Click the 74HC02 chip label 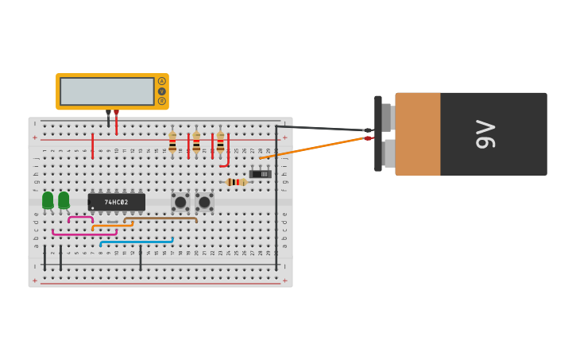tap(116, 202)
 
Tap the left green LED tap(48, 200)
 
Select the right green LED tap(64, 200)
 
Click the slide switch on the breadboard tap(260, 173)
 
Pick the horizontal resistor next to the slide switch tap(236, 182)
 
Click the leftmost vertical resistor tap(172, 144)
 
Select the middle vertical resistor tap(196, 144)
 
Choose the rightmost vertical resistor tap(220, 144)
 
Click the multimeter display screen tap(106, 91)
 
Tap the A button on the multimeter tap(162, 81)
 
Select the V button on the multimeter tap(162, 91)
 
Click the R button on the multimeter tap(162, 101)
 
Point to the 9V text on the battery tap(485, 134)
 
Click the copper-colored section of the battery tap(418, 134)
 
